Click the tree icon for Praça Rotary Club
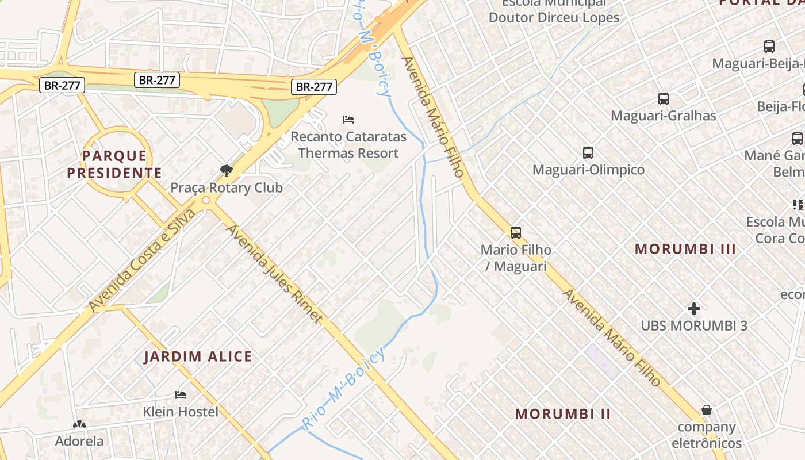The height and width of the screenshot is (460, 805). (x=227, y=170)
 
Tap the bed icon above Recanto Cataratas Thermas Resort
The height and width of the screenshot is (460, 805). (x=348, y=120)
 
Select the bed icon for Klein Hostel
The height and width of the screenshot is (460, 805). (x=181, y=395)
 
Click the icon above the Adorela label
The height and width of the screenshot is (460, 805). (x=79, y=425)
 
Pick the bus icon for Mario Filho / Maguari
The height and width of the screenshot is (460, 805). (x=516, y=233)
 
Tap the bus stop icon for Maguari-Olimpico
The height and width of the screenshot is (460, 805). (x=588, y=153)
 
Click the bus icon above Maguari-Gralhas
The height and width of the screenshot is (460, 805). (x=664, y=99)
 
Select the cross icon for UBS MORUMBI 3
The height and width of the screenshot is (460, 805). (x=694, y=309)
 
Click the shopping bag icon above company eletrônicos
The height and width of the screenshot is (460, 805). (x=707, y=410)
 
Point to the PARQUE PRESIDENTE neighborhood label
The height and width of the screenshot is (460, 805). (x=114, y=164)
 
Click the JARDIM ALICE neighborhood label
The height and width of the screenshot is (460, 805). (x=198, y=356)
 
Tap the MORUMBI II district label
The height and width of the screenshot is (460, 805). (x=563, y=413)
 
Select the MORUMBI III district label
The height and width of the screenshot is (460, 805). (x=685, y=249)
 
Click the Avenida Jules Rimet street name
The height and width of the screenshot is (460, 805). (x=274, y=274)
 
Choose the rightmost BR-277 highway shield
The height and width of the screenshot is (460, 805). (x=313, y=87)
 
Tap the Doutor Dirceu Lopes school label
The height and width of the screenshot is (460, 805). (x=554, y=17)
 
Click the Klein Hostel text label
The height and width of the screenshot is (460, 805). (x=181, y=412)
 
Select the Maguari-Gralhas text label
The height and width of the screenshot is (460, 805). (x=664, y=116)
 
